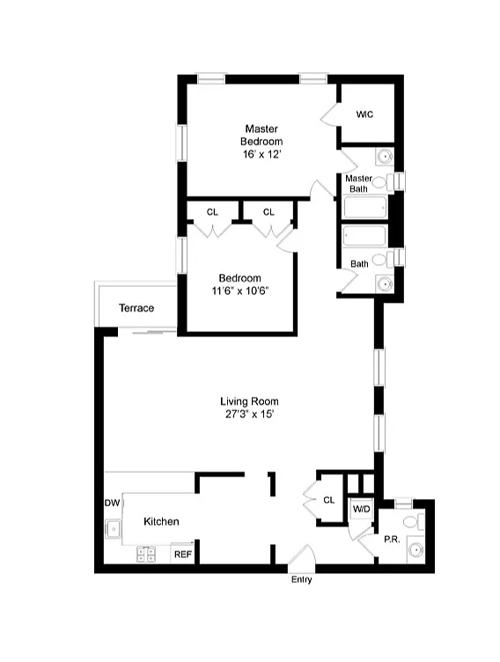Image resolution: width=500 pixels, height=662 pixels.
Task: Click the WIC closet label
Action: pos(364,114)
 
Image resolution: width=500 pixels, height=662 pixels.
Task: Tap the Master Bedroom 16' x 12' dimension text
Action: pos(261,155)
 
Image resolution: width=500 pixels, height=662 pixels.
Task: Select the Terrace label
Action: pos(136,308)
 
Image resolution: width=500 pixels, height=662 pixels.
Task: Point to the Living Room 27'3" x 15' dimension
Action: pos(250,414)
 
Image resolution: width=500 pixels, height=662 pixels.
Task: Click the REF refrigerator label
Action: pos(183,555)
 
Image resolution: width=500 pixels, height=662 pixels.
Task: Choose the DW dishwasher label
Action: pos(113,503)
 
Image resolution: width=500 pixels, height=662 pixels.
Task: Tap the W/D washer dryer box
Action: pos(361,510)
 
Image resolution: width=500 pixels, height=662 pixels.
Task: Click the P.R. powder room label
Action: pos(392,539)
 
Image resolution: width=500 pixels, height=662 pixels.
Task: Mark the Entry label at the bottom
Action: pos(302,579)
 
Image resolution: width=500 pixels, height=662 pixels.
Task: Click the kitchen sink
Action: pos(114,529)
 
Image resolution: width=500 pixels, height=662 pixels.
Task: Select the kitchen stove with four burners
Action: pos(146,555)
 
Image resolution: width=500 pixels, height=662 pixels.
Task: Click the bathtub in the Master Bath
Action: pos(364,207)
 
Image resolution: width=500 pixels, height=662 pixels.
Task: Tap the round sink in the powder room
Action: pos(416,550)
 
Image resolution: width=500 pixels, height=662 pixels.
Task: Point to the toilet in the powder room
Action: pos(414,522)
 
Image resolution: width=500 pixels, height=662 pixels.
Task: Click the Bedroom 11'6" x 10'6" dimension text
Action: pos(240,291)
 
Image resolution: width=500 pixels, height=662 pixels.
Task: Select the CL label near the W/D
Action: pos(329,500)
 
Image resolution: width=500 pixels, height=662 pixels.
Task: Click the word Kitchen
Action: pos(161,521)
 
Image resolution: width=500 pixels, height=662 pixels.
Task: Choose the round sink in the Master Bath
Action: pos(385,157)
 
